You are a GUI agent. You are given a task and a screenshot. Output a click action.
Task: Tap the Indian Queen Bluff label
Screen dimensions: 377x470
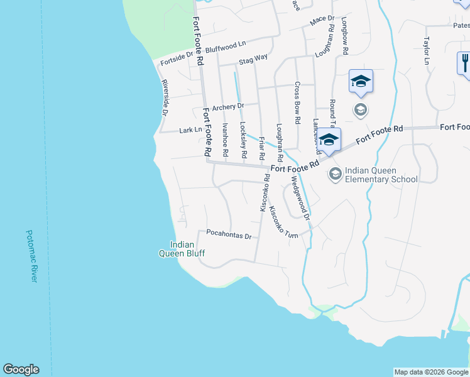[x=182, y=249]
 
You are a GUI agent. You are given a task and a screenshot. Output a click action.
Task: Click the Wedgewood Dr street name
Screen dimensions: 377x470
[x=300, y=198]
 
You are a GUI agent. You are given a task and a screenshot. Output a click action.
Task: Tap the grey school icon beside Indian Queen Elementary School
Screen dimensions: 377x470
[x=335, y=173]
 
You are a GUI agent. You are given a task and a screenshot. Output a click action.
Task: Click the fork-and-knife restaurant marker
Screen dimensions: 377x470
[x=464, y=63]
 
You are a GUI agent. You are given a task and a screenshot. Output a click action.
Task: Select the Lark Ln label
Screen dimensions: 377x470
[x=190, y=131]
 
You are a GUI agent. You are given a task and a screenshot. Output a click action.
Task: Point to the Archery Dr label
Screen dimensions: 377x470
[x=227, y=107]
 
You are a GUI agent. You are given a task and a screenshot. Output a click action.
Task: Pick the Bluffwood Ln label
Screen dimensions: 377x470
[x=226, y=47]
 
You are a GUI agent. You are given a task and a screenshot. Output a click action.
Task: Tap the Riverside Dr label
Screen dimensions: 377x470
[x=165, y=98]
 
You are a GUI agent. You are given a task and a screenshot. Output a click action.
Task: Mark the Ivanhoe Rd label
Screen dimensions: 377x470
[x=225, y=139]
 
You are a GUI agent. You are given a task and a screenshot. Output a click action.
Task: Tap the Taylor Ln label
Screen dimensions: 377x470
[x=426, y=50]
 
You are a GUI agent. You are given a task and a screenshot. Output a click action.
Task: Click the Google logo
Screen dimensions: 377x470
[x=21, y=369]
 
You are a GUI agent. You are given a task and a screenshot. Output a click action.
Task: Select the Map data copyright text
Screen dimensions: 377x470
[x=430, y=372]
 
